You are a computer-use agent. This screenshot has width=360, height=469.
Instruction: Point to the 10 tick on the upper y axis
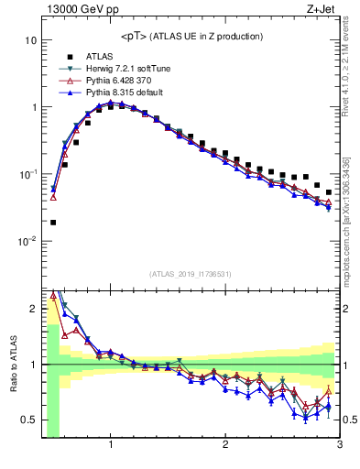pyautogui.click(x=31, y=41)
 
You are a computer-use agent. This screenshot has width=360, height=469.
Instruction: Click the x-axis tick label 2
pyautogui.click(x=225, y=445)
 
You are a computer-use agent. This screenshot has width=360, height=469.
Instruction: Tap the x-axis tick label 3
pyautogui.click(x=338, y=445)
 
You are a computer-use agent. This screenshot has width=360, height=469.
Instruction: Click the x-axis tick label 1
pyautogui.click(x=111, y=445)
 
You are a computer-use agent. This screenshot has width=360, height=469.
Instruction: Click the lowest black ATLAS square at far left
pyautogui.click(x=53, y=222)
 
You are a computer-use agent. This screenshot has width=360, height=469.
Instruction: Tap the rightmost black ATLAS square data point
pyautogui.click(x=329, y=192)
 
